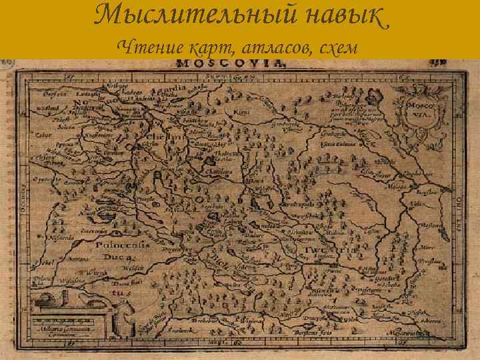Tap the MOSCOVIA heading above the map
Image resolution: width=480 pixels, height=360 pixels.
click(x=231, y=65)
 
